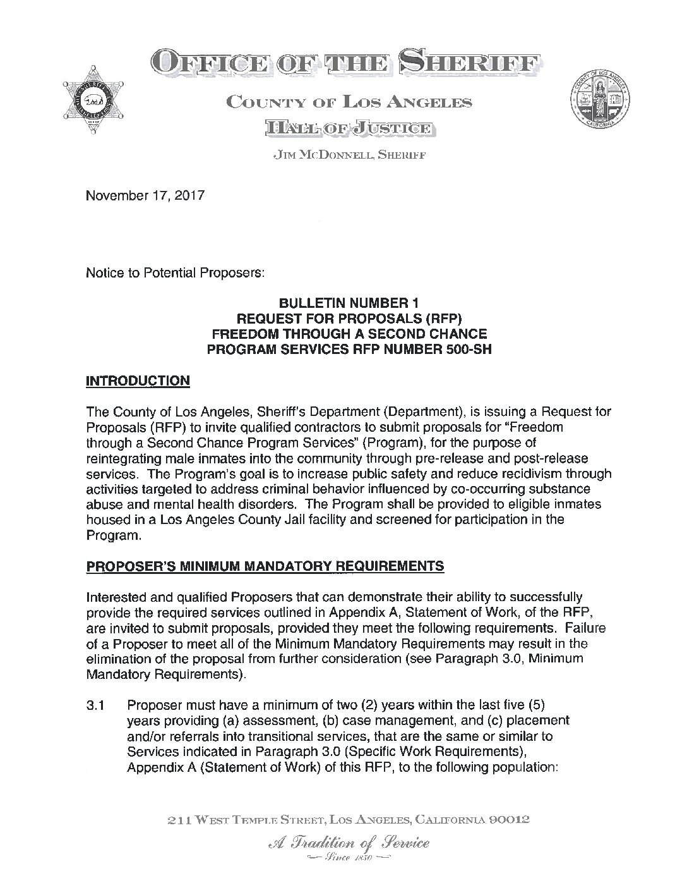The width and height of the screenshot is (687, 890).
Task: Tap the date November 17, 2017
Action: tap(145, 196)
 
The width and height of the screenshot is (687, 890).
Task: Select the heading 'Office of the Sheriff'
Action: tap(345, 63)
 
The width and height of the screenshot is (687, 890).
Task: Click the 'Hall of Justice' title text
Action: tap(349, 129)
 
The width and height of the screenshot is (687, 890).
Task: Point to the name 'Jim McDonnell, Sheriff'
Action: tap(349, 156)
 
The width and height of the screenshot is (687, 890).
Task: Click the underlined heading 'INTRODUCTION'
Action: tap(137, 381)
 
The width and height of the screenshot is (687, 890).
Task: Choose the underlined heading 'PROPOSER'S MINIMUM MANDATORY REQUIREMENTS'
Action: tap(265, 566)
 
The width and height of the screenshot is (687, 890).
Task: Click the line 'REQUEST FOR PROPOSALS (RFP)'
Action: tap(349, 319)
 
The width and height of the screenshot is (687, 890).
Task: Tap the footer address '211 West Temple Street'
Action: tap(245, 820)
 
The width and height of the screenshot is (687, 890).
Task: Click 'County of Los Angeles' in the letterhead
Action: tap(349, 101)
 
